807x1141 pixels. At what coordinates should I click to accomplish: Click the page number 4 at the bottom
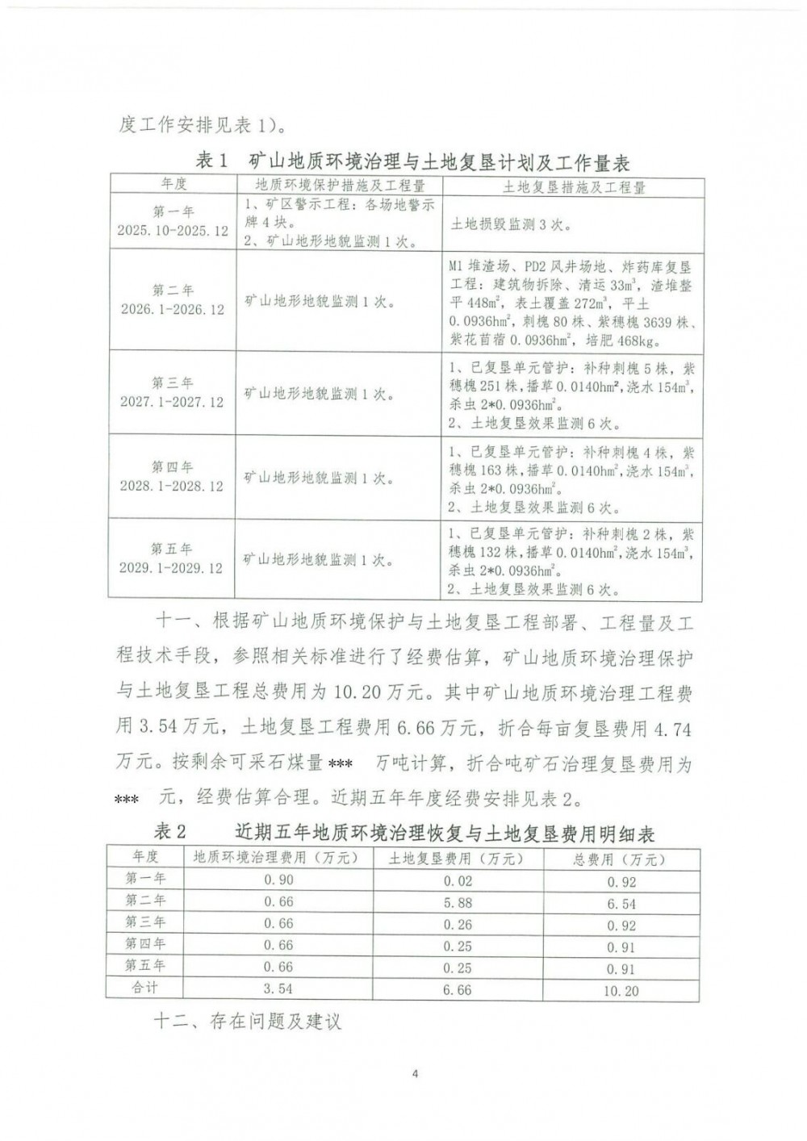[x=415, y=1073]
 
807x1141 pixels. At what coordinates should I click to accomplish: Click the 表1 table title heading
[x=413, y=161]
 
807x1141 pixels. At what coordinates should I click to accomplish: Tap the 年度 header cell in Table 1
[x=173, y=185]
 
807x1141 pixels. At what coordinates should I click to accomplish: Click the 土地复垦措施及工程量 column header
[x=574, y=186]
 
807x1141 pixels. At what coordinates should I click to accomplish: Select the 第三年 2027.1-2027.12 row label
[x=172, y=392]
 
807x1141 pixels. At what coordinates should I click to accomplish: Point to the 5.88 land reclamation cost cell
[x=458, y=903]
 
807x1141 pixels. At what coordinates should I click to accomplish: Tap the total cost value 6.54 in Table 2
[x=621, y=904]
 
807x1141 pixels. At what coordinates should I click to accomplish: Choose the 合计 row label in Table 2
[x=145, y=988]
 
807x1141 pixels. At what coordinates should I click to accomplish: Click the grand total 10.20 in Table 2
[x=621, y=990]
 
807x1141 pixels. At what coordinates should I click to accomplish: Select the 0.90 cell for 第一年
[x=279, y=880]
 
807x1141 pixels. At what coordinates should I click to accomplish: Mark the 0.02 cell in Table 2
[x=458, y=881]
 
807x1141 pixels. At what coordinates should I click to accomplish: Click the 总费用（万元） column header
[x=621, y=859]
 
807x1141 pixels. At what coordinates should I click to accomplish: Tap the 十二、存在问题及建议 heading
[x=248, y=1022]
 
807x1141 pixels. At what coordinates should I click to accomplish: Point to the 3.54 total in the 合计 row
[x=279, y=988]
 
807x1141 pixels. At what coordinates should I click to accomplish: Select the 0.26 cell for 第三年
[x=458, y=925]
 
